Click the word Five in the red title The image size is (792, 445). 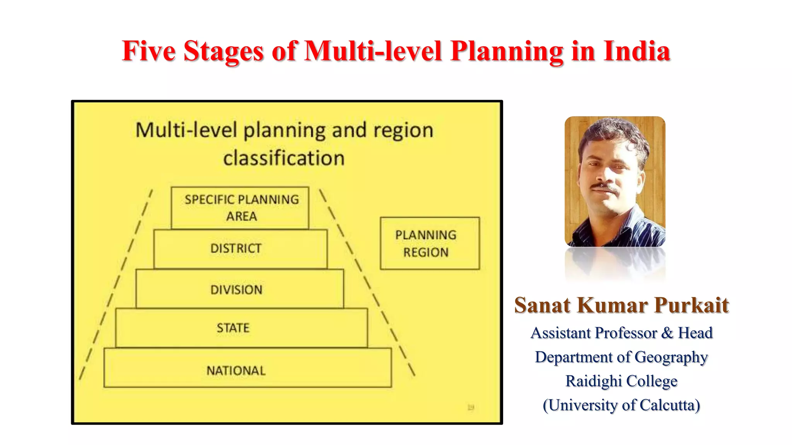[x=148, y=51]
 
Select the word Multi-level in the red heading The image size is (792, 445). [x=373, y=51]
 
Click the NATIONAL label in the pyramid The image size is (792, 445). [x=236, y=371]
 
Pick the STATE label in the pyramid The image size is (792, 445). [x=233, y=328]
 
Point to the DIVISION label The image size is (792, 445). [x=236, y=290]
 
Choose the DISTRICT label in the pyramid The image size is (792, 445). [x=236, y=248]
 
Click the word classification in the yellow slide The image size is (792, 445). [x=284, y=158]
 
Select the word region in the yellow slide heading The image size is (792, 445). [x=403, y=130]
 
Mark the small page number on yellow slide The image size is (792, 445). [x=471, y=408]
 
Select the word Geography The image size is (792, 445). [x=671, y=357]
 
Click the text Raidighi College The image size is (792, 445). [x=621, y=381]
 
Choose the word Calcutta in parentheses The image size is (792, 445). [x=670, y=405]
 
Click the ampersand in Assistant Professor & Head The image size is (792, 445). [x=667, y=333]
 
